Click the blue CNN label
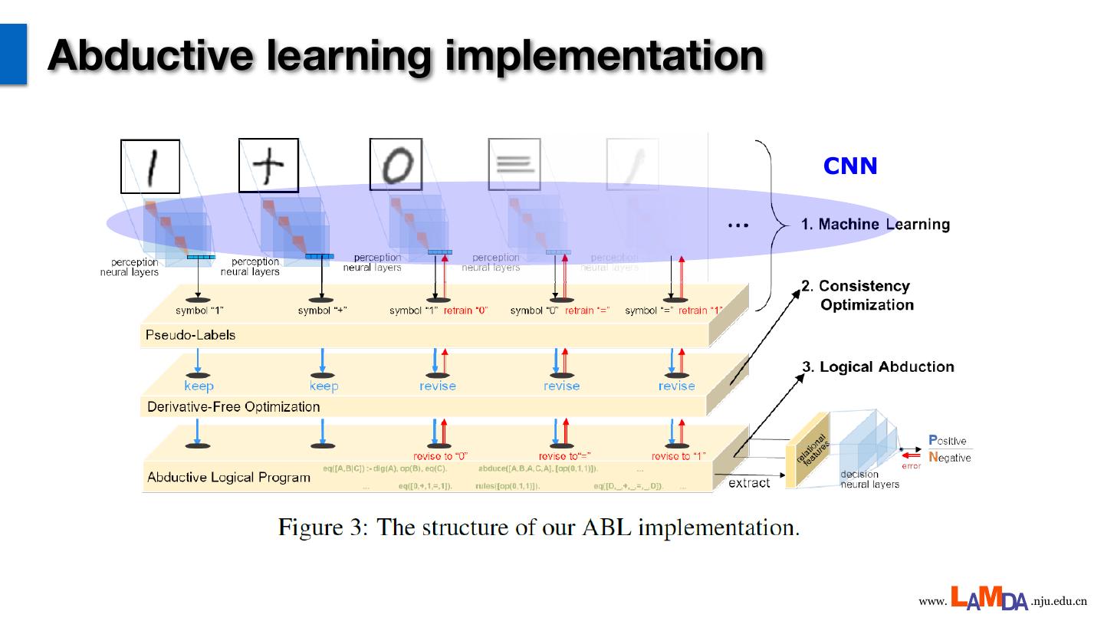point(849,166)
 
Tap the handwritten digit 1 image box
point(150,166)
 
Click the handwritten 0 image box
point(396,165)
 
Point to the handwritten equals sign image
point(514,164)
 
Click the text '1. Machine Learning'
point(875,225)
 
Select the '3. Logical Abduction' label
point(878,366)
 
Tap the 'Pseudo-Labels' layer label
point(190,335)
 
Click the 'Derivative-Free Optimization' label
point(233,406)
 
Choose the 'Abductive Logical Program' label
point(228,477)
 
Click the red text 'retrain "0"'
point(466,310)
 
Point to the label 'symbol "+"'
point(323,310)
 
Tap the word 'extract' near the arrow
point(749,483)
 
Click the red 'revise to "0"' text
point(441,456)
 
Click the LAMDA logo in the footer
point(990,598)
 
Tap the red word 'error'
point(911,466)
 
